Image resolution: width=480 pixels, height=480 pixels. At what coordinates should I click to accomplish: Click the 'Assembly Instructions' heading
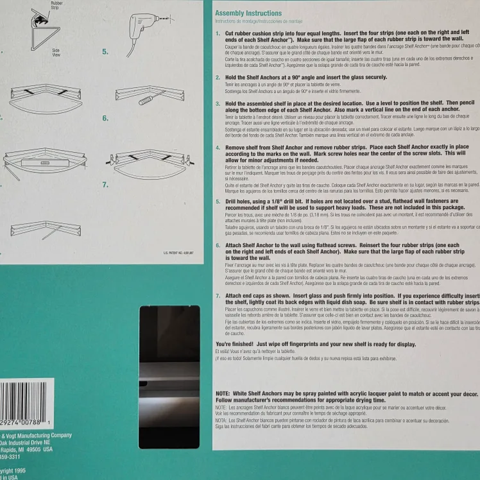[x=248, y=13]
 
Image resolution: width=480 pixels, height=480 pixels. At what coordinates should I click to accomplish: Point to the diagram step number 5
[x=105, y=52]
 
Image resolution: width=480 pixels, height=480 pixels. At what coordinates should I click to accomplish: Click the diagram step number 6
[x=105, y=118]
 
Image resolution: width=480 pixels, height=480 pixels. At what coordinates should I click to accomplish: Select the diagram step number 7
[x=105, y=185]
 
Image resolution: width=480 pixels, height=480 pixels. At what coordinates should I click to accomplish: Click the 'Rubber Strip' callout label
[x=57, y=6]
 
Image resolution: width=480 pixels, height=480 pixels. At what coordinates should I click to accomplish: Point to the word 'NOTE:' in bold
[x=223, y=393]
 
